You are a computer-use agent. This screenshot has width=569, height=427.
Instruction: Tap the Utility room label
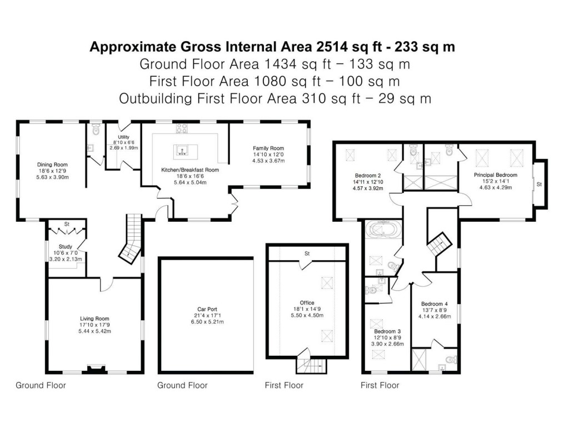[x=123, y=137]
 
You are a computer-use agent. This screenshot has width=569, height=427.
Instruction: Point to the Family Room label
[x=268, y=148]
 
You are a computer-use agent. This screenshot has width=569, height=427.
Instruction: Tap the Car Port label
[x=207, y=308]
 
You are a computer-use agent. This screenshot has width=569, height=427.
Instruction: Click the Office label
[x=307, y=302]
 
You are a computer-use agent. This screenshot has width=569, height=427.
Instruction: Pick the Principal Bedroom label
[x=495, y=175]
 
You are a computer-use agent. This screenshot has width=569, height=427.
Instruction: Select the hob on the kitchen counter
[x=181, y=129]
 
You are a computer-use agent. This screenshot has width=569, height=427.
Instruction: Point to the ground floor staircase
[x=132, y=239]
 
